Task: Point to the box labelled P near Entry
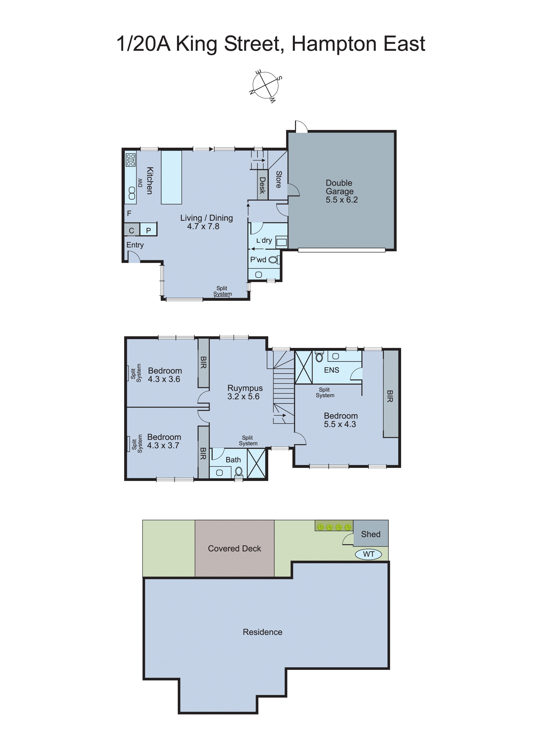click(x=148, y=230)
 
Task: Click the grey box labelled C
click(x=131, y=230)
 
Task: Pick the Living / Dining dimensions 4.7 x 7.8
click(x=203, y=226)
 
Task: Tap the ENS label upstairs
click(x=332, y=370)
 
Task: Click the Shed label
click(x=371, y=534)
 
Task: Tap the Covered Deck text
click(x=234, y=549)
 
